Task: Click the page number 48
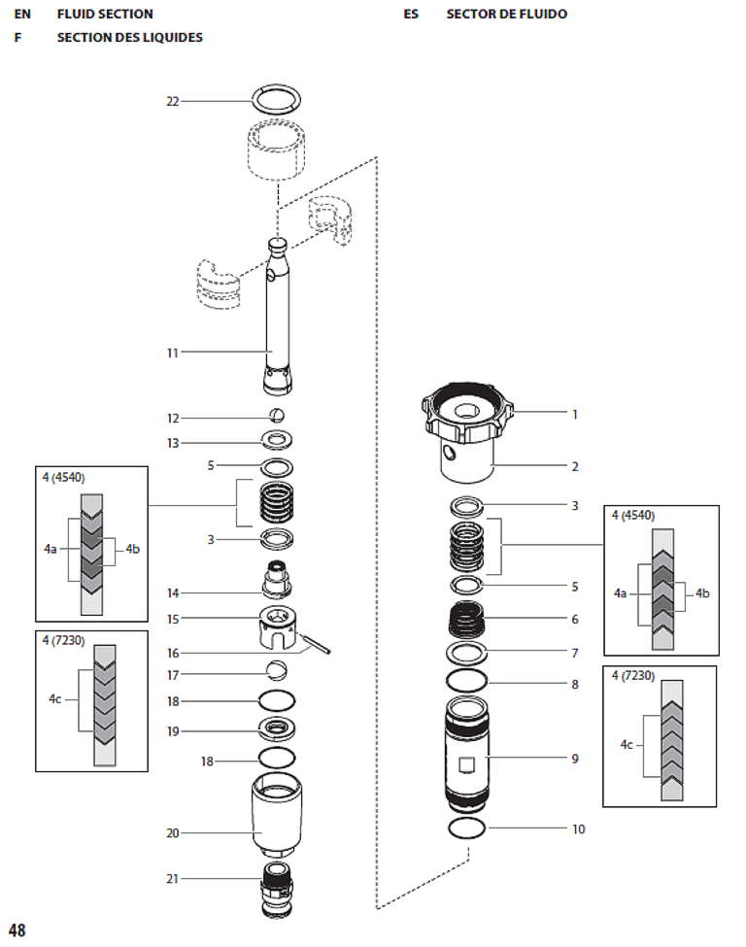click(x=17, y=930)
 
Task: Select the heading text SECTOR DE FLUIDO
click(x=506, y=15)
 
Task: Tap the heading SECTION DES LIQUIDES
click(x=129, y=38)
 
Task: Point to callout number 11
click(x=172, y=353)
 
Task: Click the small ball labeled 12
click(x=277, y=416)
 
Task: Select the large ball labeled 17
click(x=277, y=671)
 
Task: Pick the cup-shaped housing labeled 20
click(x=277, y=812)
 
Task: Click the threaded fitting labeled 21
click(x=277, y=887)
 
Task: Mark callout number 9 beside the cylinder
click(x=574, y=759)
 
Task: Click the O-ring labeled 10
click(x=470, y=828)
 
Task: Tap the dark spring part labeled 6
click(x=470, y=617)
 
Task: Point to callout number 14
click(x=172, y=592)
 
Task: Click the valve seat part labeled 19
click(x=277, y=729)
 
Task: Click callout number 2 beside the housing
click(x=574, y=466)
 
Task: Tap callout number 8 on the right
click(x=574, y=684)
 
